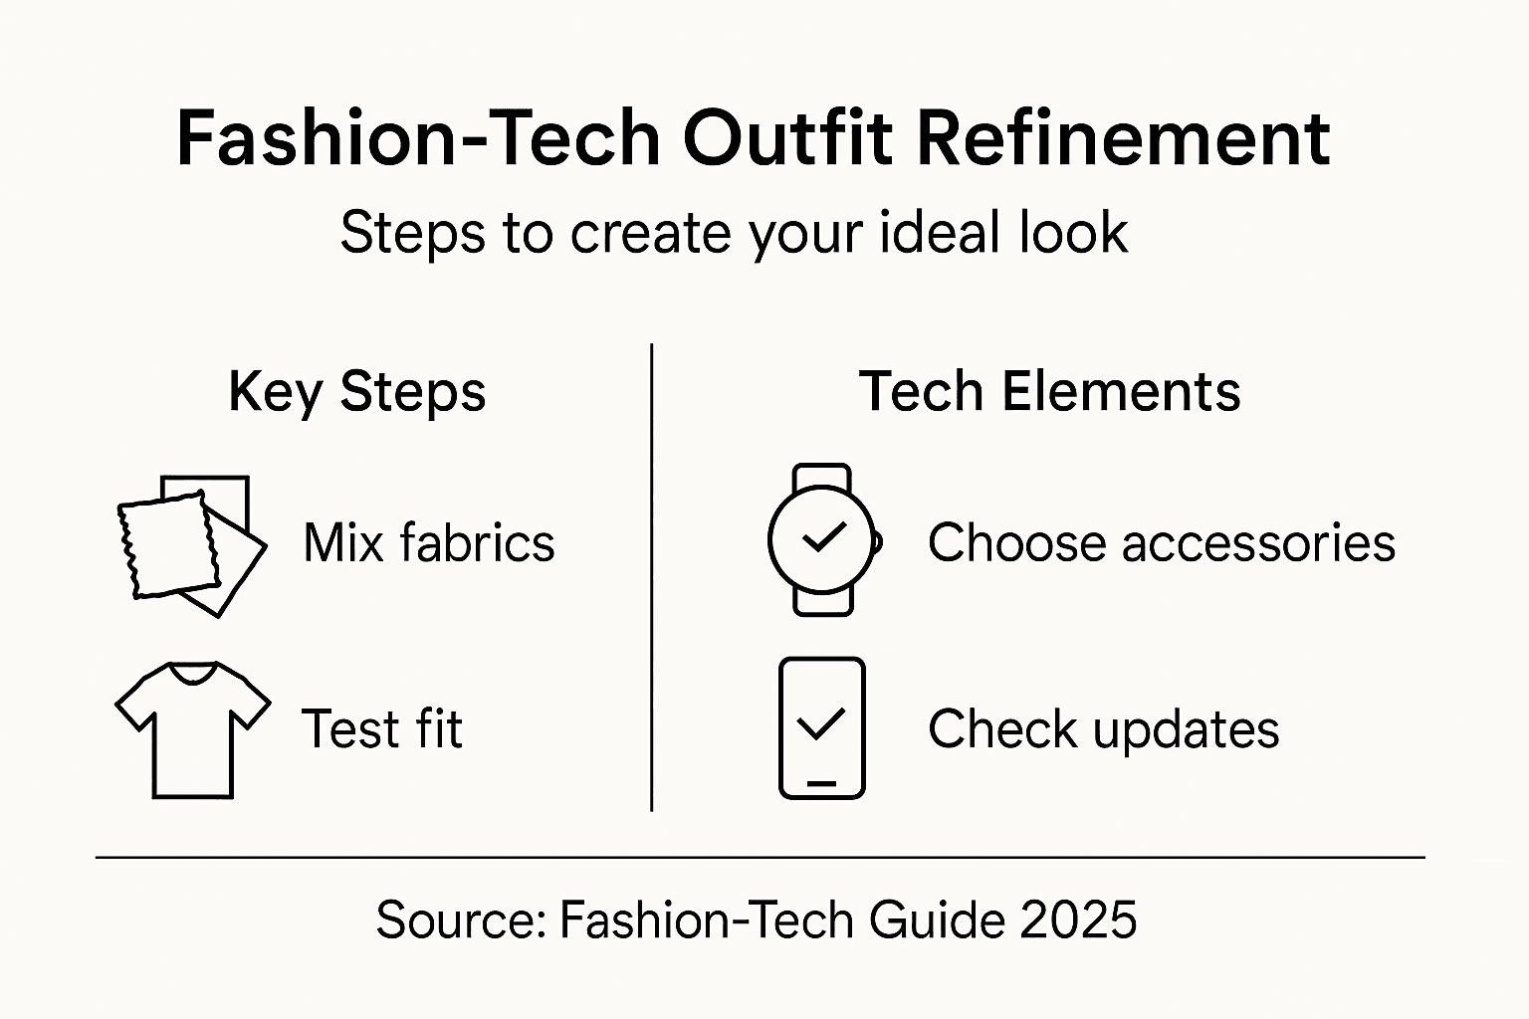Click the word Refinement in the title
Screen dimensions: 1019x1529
tap(1122, 138)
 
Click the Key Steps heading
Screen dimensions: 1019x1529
tap(356, 391)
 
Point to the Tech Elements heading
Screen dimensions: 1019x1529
tap(1049, 391)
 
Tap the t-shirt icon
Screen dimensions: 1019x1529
tap(193, 728)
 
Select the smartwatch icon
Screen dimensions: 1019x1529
tap(823, 539)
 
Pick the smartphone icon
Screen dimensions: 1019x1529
tap(821, 727)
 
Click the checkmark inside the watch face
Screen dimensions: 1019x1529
tap(823, 536)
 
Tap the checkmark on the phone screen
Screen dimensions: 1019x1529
tap(821, 722)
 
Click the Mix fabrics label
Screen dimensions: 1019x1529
tap(428, 543)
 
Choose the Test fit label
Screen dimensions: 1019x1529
tap(381, 728)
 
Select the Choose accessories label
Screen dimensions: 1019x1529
tap(1161, 543)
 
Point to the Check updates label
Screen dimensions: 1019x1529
tap(1103, 729)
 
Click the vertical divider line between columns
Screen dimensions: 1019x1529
tap(651, 577)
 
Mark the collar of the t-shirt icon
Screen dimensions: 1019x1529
tap(193, 673)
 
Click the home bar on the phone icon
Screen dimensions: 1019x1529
tap(821, 783)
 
